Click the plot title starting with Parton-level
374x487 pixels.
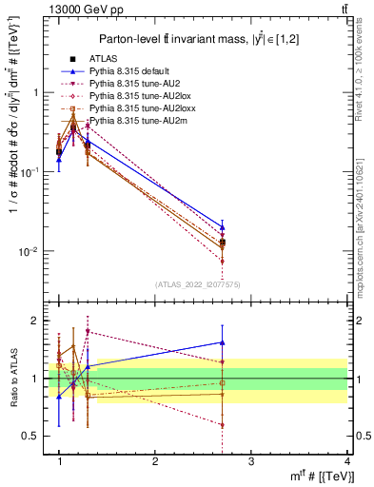pos(199,38)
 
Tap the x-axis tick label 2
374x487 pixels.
pos(155,461)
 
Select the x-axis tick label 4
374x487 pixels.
pos(346,461)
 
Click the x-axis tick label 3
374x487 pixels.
pos(250,461)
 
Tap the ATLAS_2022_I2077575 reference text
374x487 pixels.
pos(196,284)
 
